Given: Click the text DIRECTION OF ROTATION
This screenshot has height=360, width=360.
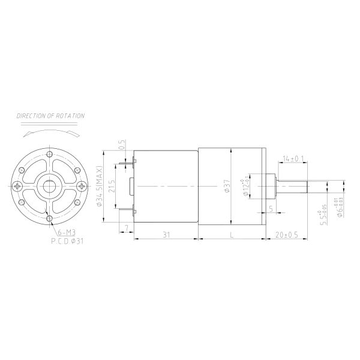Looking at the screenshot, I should [x=50, y=115].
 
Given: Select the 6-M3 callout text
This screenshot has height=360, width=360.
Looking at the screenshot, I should [x=67, y=232].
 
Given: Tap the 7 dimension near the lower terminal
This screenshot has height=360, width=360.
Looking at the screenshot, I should [x=126, y=228].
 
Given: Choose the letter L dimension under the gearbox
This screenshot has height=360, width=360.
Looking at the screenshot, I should [x=231, y=234].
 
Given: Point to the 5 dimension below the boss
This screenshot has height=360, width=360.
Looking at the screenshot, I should [x=271, y=209].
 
